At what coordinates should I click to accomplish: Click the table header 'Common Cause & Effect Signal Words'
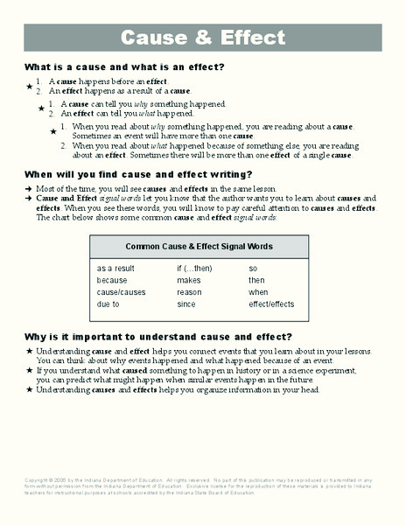tap(199, 247)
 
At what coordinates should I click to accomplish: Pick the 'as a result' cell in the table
tap(115, 268)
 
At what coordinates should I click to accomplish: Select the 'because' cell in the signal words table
tap(112, 280)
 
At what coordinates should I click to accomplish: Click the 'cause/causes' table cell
tap(122, 292)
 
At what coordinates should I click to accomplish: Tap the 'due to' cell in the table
tap(108, 304)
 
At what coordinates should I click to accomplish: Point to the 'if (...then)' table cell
tap(194, 268)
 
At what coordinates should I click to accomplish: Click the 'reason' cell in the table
tap(189, 292)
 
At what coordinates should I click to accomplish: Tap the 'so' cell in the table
tap(253, 268)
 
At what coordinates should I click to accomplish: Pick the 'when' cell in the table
tap(258, 292)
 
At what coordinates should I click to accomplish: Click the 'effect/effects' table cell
tap(273, 304)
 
